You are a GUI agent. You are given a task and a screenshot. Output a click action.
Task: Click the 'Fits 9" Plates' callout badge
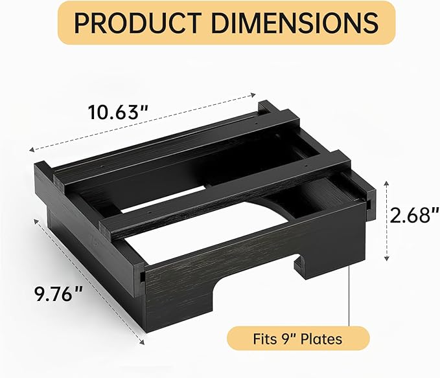297,338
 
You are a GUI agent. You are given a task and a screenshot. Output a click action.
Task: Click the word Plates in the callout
322,338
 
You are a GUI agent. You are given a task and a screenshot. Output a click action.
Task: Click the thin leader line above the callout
351,298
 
